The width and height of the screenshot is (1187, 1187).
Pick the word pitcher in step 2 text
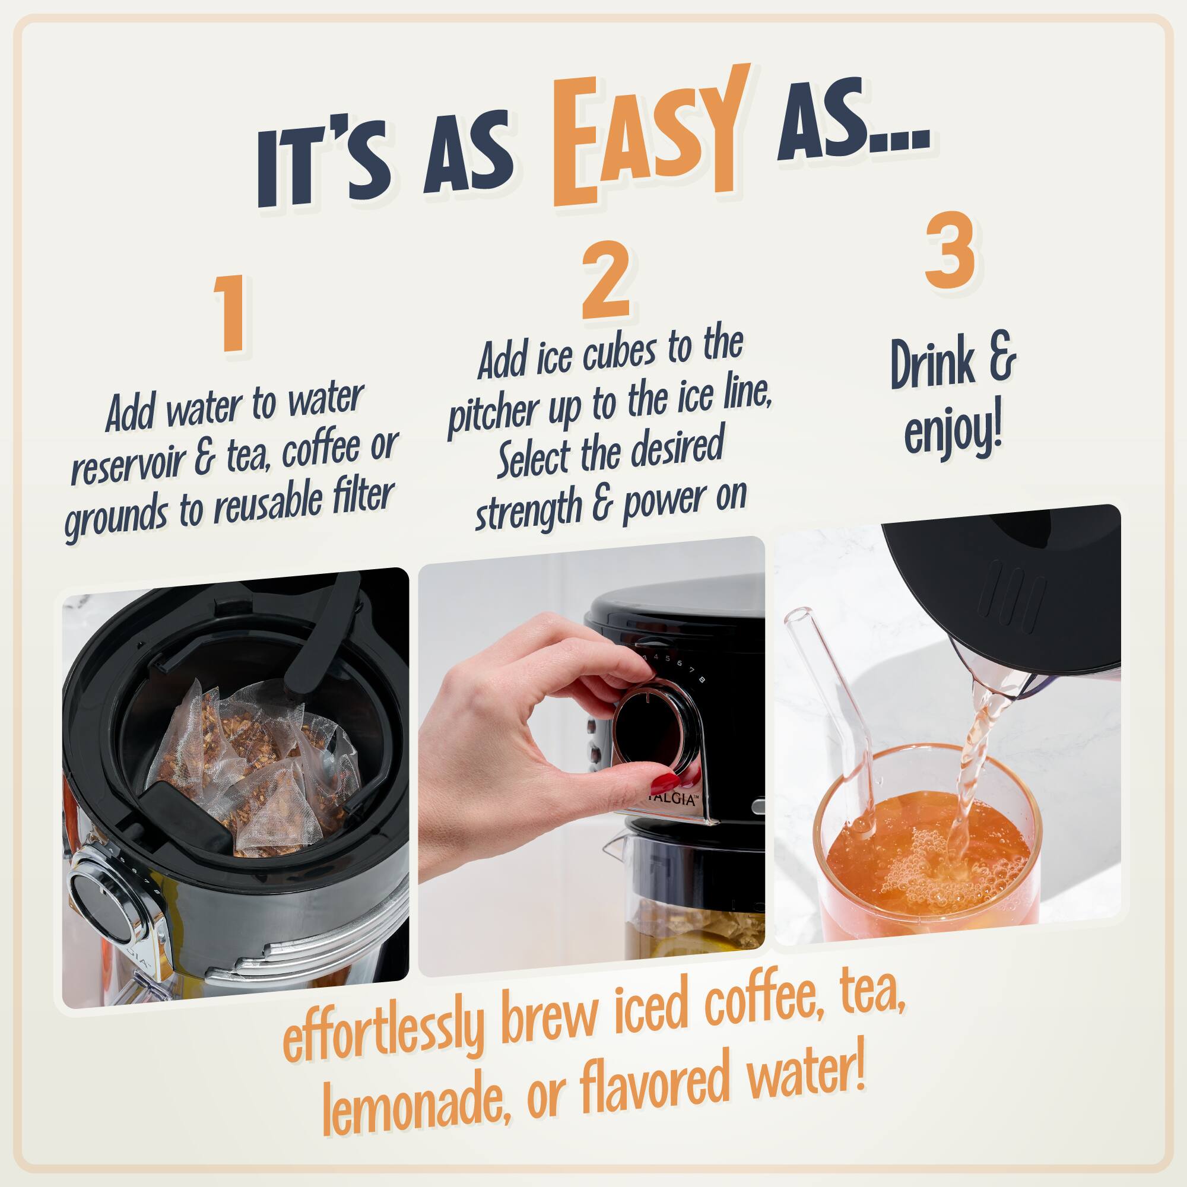coord(485,419)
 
